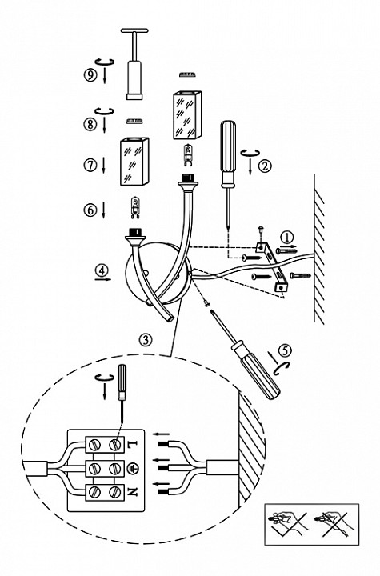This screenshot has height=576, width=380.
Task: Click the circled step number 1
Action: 287,237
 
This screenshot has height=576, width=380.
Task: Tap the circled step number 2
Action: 265,166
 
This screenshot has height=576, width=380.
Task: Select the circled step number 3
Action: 146,339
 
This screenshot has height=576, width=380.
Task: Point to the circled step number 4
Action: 102,270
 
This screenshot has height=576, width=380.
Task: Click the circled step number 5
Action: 285,350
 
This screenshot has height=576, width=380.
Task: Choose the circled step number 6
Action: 90,210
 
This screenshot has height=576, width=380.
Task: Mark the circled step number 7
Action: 90,165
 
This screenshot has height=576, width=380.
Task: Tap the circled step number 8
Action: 90,124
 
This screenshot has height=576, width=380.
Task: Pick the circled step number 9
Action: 90,75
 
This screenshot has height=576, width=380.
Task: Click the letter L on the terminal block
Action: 132,444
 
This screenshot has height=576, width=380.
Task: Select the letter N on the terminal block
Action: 132,491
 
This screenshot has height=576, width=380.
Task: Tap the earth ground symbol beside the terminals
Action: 132,468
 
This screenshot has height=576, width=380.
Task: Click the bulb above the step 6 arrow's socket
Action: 136,207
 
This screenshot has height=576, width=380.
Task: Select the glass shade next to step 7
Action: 134,162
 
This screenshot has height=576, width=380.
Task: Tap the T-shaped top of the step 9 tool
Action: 134,31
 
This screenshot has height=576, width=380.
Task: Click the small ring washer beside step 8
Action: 134,121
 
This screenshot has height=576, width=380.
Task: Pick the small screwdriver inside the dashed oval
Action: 122,393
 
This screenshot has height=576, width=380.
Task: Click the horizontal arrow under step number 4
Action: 102,279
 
